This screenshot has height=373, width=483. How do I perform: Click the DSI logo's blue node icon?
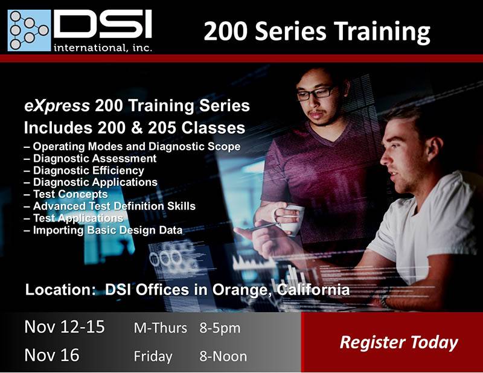point(29,30)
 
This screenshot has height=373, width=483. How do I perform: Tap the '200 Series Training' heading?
point(316,31)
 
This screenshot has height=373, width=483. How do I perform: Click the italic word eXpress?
point(57,106)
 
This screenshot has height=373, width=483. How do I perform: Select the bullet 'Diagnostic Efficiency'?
point(84,170)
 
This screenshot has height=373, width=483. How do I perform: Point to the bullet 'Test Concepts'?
point(66,194)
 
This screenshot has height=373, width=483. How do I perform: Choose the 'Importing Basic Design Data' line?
point(103,230)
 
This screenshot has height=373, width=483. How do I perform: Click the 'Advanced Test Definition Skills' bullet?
point(110,206)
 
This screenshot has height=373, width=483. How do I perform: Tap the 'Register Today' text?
point(398,342)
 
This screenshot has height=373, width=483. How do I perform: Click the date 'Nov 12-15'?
point(65,327)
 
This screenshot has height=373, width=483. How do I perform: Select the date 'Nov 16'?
point(52,355)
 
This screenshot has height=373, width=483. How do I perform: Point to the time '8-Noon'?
point(223,356)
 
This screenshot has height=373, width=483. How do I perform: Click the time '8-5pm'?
point(220,328)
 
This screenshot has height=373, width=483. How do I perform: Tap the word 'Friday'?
point(153,357)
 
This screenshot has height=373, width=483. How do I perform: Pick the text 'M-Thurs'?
point(160,328)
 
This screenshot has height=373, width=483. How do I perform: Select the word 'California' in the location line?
point(313,290)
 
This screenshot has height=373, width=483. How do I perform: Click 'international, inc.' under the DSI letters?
point(103,48)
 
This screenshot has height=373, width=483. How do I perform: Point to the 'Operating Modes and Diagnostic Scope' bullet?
point(132,147)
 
